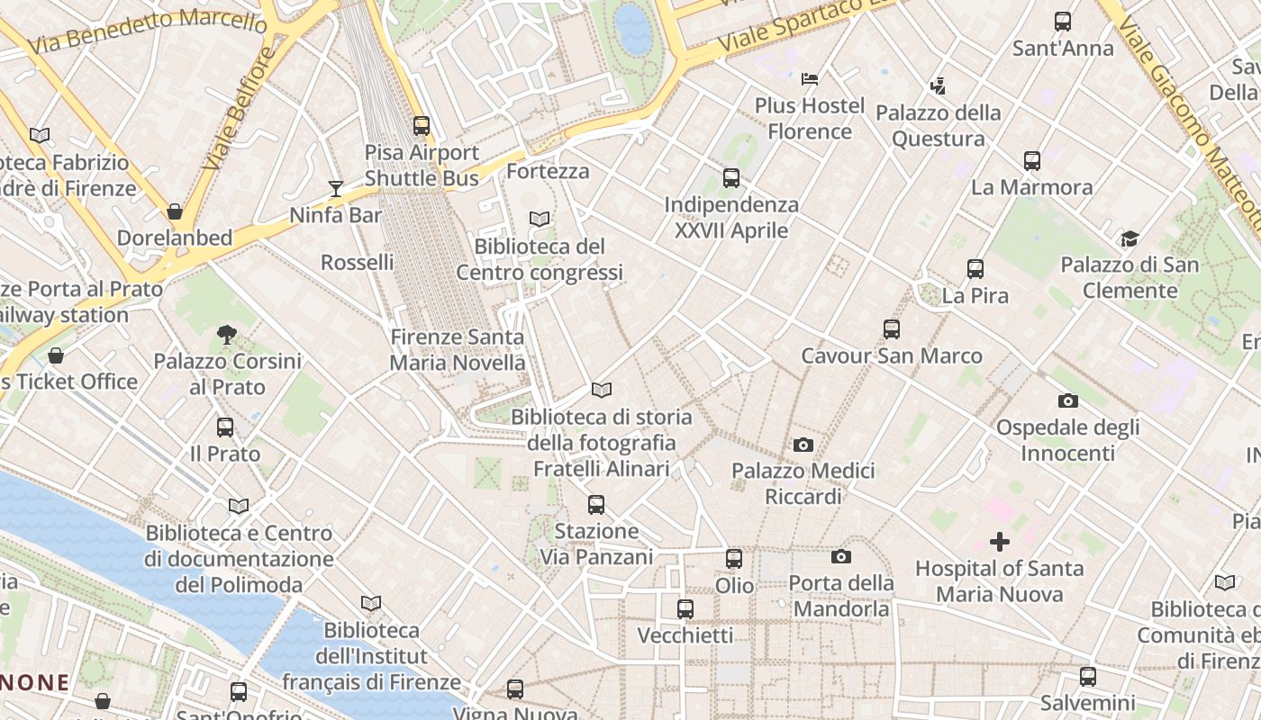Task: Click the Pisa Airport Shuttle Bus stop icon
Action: coord(422,126)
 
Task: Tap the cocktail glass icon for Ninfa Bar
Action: coord(336,188)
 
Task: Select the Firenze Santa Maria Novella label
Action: coord(457,350)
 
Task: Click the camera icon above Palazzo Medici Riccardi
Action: coord(803,445)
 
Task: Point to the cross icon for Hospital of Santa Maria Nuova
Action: coord(999,542)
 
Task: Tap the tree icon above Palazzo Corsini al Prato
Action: coord(227,335)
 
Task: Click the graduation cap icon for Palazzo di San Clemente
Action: coord(1129,238)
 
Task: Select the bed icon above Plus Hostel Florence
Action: coord(810,79)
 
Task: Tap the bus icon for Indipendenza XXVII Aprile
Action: coord(730,178)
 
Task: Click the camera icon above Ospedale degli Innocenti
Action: coord(1067,400)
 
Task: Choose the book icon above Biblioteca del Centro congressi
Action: coord(540,219)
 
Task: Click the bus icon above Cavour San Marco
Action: coord(891,329)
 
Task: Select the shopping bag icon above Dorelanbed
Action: coord(175,211)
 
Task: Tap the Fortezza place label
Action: coord(548,171)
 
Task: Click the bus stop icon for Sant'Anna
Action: coord(1063,22)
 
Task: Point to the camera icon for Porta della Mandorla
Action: coord(841,557)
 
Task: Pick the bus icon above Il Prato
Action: coord(225,427)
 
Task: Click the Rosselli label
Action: coord(358,262)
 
